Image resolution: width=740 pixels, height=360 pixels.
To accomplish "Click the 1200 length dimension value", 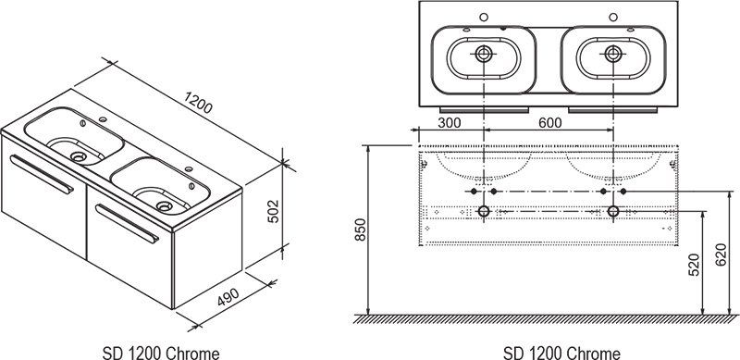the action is point(198,103).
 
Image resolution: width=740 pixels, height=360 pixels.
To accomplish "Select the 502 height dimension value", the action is point(274,211).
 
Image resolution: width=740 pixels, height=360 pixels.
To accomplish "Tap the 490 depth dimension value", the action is point(228,297).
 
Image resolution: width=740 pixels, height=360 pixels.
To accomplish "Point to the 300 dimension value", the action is point(450,123).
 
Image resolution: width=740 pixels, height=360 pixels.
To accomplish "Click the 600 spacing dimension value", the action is point(550,123).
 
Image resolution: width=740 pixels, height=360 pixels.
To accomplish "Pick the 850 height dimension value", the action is point(361,230).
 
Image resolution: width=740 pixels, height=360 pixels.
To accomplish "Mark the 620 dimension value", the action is point(721,255).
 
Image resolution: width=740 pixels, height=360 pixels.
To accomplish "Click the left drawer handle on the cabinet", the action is point(42,174).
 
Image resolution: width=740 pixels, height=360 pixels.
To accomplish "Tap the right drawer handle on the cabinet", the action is point(128,224).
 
